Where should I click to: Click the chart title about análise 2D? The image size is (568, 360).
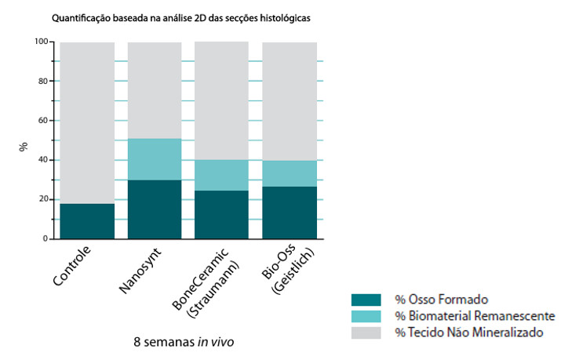pos(187,16)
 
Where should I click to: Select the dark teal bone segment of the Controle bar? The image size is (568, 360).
pos(87,220)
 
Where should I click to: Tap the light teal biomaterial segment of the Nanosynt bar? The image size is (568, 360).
pos(155,159)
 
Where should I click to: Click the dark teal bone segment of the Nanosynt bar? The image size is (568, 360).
pos(155,209)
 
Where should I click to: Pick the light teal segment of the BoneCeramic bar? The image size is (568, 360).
pos(221,175)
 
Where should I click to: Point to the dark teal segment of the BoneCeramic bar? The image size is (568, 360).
pos(221,214)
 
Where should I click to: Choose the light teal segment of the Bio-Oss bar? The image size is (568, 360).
pos(289,173)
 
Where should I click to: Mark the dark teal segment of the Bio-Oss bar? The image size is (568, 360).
pos(289,212)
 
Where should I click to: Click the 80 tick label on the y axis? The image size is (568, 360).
pos(42,81)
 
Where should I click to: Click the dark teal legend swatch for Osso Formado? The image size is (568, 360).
pos(366,300)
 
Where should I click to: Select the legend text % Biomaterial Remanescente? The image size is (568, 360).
pos(475,316)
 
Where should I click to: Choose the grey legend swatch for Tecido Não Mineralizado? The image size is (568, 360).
pos(366,333)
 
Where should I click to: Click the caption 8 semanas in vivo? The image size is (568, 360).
pos(184,342)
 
